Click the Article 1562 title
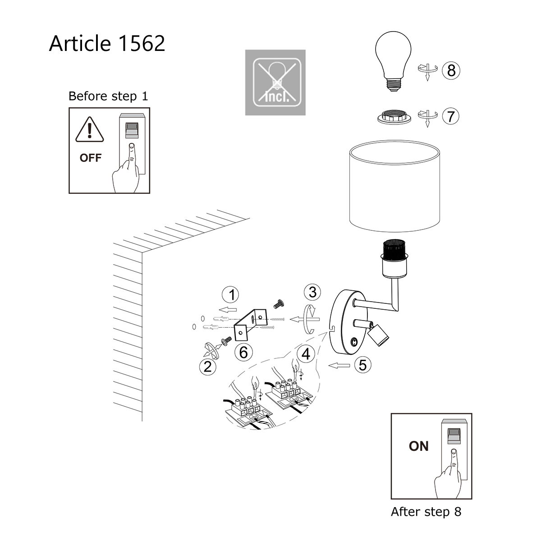[107, 44]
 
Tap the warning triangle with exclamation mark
[90, 130]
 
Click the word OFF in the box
[90, 158]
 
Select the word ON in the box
[418, 446]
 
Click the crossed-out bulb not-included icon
[275, 83]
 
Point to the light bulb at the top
[394, 61]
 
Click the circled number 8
[451, 70]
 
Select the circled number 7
[451, 116]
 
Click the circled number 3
[312, 292]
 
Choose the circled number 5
[363, 365]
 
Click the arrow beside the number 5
[340, 365]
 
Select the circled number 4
[306, 354]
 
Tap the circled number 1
[232, 295]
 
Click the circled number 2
[207, 367]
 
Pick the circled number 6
[243, 352]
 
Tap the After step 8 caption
[426, 512]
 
